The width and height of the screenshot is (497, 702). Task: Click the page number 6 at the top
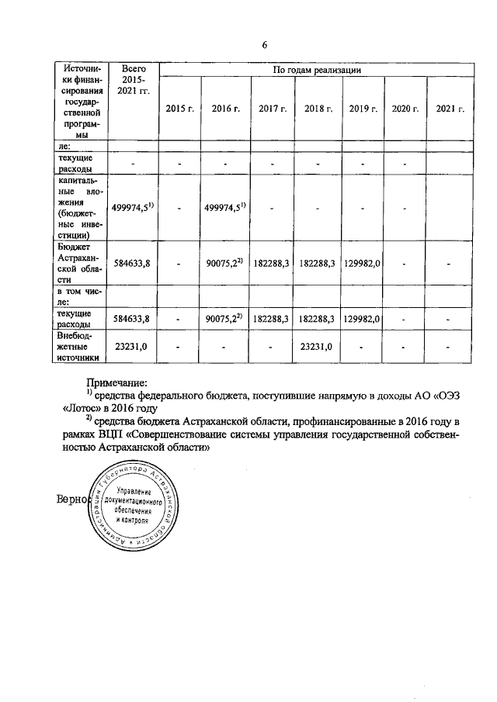click(265, 44)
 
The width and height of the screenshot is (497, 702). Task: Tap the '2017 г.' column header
click(273, 109)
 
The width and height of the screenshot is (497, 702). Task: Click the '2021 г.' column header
click(451, 109)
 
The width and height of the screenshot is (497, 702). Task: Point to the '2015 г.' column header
click(179, 109)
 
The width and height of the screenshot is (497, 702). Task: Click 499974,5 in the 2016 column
click(224, 206)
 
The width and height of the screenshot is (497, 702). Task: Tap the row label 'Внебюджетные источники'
click(80, 347)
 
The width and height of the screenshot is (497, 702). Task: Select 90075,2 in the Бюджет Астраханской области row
click(224, 264)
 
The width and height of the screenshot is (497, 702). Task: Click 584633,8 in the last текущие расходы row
click(130, 318)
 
